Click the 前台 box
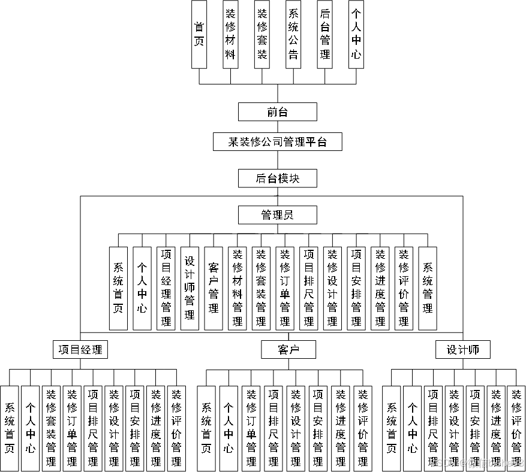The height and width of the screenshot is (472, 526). click(x=277, y=112)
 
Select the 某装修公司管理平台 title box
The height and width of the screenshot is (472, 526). click(x=277, y=142)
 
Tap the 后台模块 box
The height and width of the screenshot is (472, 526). click(x=277, y=178)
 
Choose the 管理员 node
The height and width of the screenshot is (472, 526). click(x=277, y=215)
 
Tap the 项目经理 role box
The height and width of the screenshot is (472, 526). click(x=80, y=350)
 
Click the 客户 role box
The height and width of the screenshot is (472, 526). click(x=288, y=350)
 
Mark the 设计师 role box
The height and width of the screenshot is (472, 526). click(x=463, y=350)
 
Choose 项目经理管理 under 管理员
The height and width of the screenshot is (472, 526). click(x=166, y=288)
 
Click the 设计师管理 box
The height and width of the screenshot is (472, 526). click(x=190, y=288)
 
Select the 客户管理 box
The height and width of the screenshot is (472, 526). click(x=214, y=288)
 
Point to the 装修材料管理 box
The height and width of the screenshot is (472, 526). click(x=238, y=288)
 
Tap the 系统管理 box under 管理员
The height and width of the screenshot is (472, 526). click(x=427, y=288)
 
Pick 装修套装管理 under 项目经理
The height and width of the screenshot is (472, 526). click(x=51, y=427)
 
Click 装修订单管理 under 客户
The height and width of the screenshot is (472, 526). click(x=251, y=427)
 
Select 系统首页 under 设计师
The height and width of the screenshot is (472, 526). click(x=391, y=427)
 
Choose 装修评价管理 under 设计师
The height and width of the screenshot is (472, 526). click(x=516, y=427)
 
